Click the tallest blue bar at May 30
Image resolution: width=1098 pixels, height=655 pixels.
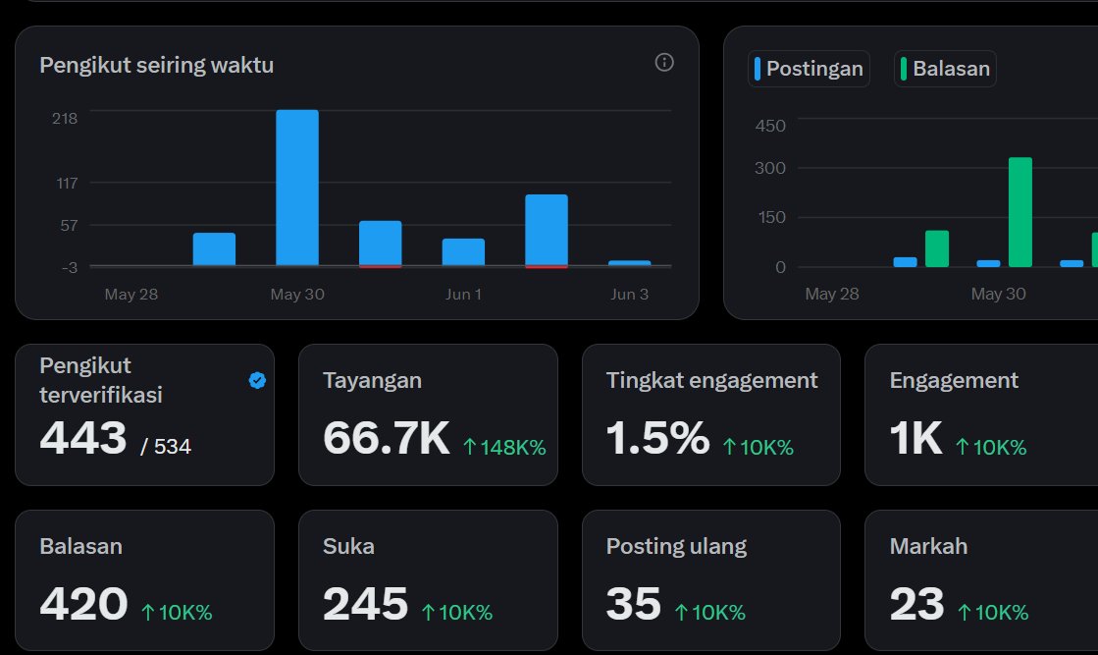[x=297, y=188]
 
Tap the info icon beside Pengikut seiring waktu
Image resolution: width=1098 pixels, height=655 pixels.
[x=664, y=62]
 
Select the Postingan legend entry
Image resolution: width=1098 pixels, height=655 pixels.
[x=809, y=69]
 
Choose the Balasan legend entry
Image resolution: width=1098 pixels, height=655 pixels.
[x=945, y=69]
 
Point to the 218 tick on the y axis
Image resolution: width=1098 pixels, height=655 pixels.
[x=65, y=119]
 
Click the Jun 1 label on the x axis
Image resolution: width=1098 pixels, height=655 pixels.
[x=463, y=295]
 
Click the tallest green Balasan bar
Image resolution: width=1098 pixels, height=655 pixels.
[x=1020, y=212]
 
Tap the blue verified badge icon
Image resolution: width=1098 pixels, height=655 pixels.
[x=257, y=380]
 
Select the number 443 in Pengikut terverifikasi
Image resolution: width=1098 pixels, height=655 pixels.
[x=83, y=438]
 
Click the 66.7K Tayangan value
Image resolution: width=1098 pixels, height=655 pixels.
[x=387, y=438]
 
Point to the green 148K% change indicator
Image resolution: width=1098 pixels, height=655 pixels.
[x=504, y=447]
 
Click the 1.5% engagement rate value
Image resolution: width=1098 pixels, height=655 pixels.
[x=657, y=438]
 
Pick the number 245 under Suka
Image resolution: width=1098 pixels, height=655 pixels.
[x=366, y=604]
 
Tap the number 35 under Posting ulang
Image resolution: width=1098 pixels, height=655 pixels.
[x=634, y=604]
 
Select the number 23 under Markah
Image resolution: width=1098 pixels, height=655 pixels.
[x=916, y=604]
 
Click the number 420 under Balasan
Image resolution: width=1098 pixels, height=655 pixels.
[x=84, y=604]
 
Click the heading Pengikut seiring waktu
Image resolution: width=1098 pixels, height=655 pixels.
[x=157, y=65]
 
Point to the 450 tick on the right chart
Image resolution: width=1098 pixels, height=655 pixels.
[x=770, y=126]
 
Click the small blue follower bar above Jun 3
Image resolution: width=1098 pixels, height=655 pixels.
[x=630, y=263]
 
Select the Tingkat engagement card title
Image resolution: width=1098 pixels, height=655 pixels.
[x=711, y=380]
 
